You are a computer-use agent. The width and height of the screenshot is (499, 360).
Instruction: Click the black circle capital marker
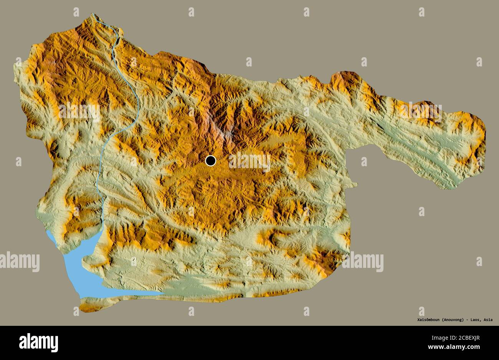[x=211, y=161]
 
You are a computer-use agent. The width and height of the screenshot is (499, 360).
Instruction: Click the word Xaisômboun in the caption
[x=428, y=319]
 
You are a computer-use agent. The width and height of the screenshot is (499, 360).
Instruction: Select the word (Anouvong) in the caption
[x=453, y=319]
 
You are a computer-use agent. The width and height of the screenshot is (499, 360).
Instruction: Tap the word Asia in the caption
[x=488, y=319]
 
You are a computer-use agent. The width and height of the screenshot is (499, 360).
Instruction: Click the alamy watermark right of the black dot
[x=249, y=161]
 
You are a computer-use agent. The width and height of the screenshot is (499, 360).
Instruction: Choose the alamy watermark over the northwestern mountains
[x=79, y=111]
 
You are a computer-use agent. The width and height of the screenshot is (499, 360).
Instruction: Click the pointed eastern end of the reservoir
[x=161, y=294]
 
